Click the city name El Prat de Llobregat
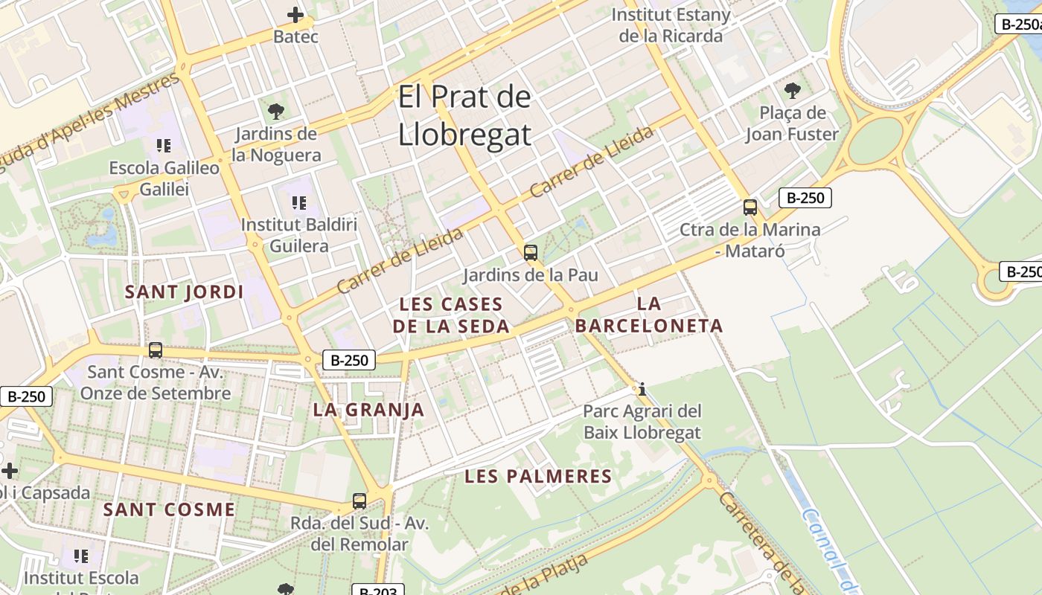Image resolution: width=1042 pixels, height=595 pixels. click(x=464, y=115)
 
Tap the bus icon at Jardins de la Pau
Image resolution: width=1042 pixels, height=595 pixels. click(x=531, y=252)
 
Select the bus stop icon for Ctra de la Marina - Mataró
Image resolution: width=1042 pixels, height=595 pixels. click(x=750, y=207)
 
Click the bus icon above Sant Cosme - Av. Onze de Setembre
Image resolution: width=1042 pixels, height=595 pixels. click(x=156, y=350)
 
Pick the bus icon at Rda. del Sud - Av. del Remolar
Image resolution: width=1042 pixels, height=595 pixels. click(x=359, y=501)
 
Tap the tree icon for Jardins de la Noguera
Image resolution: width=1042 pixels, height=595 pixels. click(x=276, y=112)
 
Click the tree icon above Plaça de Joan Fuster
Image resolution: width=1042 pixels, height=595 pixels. click(x=792, y=91)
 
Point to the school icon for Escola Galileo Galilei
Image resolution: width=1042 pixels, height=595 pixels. click(x=164, y=145)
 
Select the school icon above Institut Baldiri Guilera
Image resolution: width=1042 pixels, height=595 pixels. click(x=299, y=202)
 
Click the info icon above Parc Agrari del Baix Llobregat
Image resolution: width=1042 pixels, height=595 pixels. click(x=642, y=389)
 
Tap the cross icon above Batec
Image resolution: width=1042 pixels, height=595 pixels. click(x=295, y=14)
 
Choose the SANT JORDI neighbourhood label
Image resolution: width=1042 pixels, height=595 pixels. click(x=185, y=292)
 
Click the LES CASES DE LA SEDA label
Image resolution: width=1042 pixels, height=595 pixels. click(x=451, y=315)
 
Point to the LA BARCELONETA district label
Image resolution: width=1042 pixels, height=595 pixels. click(x=649, y=314)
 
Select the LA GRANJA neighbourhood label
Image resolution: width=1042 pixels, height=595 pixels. click(x=368, y=409)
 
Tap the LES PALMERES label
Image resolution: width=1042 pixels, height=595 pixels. click(x=538, y=476)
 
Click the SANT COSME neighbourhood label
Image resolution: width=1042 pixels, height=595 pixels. click(x=169, y=509)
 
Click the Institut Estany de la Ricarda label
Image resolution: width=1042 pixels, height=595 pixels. click(x=671, y=25)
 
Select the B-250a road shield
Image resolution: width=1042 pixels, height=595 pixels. click(x=1019, y=24)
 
